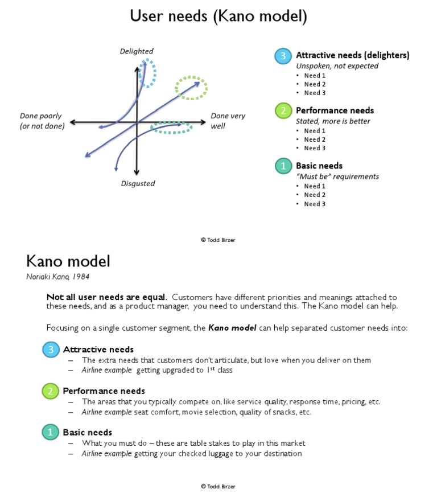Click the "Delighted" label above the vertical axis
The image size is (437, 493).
(137, 51)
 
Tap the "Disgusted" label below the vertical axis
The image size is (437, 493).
(138, 183)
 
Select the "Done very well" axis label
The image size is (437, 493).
(228, 120)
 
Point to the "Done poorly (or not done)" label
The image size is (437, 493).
(42, 121)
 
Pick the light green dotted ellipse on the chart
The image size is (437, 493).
(191, 88)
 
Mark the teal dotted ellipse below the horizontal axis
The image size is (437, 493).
(171, 128)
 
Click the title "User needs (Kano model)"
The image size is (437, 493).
(218, 16)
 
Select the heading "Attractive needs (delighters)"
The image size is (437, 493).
(352, 55)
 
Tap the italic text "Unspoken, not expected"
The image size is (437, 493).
(337, 66)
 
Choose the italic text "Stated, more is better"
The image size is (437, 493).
(333, 121)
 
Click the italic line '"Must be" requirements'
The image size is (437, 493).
(337, 176)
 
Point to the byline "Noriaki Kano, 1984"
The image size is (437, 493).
(57, 277)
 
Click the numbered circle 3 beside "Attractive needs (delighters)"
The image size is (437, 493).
(283, 56)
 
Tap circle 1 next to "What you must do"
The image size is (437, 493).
(51, 432)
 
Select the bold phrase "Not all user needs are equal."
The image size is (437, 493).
(106, 297)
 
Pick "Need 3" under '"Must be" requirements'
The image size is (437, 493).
(315, 204)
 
